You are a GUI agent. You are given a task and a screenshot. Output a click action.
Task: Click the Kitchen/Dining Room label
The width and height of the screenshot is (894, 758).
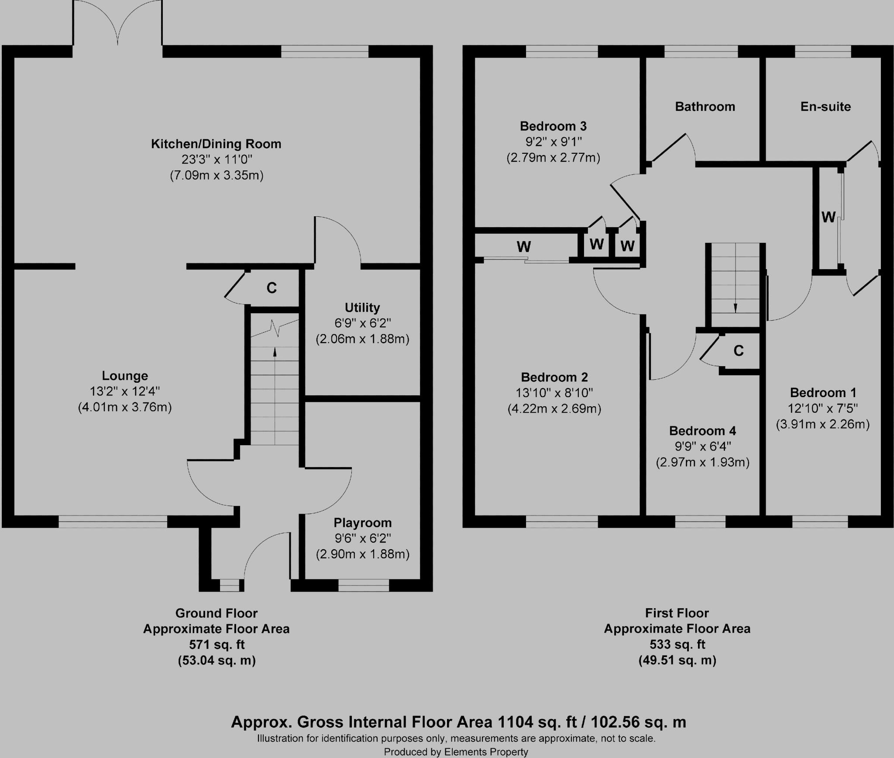tap(216, 144)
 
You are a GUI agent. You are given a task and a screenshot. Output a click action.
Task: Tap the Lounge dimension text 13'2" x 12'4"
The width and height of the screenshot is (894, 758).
tap(125, 391)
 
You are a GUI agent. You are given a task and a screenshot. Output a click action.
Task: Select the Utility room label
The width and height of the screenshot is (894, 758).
tap(362, 308)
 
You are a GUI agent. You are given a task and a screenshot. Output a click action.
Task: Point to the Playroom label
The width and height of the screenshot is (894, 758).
tap(362, 523)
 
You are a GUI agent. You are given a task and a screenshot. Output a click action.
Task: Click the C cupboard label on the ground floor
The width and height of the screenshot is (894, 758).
tap(272, 288)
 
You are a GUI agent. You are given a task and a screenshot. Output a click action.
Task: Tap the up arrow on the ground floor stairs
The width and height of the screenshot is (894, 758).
tap(275, 352)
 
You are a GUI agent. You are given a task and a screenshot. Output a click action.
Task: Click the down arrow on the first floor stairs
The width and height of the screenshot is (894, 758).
tap(735, 307)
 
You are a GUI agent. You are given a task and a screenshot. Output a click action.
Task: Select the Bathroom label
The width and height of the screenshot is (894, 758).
tap(705, 107)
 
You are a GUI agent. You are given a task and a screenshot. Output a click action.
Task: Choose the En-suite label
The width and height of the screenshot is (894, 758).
tap(825, 107)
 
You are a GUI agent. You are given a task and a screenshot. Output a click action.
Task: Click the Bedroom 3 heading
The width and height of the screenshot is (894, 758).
tap(553, 126)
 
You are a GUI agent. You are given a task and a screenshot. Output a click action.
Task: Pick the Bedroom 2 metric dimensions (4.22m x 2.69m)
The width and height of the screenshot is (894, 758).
tap(554, 409)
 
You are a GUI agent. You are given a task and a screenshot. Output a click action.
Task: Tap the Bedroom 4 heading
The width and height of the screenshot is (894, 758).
tap(702, 431)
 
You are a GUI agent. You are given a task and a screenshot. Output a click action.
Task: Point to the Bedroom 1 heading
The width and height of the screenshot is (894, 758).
tap(823, 392)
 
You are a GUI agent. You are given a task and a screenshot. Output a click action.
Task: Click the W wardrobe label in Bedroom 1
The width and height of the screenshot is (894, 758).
tap(828, 217)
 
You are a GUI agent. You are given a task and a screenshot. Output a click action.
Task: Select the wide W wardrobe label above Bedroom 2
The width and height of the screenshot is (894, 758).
tap(523, 247)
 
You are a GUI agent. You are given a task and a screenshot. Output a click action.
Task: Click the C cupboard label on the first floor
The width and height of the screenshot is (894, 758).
tap(739, 351)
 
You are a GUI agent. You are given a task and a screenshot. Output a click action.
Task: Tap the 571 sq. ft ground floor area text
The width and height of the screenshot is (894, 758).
tap(217, 644)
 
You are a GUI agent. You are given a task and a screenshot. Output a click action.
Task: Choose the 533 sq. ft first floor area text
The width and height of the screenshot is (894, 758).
tap(677, 644)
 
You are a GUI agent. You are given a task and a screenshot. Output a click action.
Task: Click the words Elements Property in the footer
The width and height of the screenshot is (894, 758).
tap(486, 752)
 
